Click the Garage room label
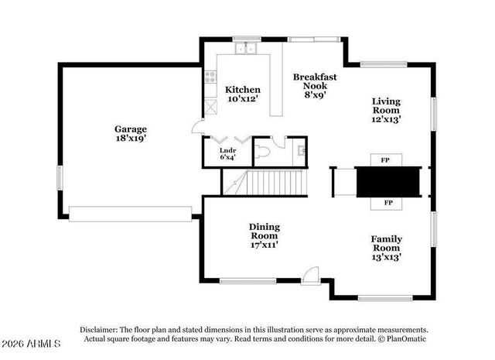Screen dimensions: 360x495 tap(130, 133)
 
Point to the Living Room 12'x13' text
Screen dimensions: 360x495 tap(386, 110)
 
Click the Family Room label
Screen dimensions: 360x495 tap(386, 248)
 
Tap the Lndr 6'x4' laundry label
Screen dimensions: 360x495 tap(227, 153)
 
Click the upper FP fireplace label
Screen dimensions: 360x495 tap(385, 160)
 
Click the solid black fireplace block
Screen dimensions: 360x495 tap(386, 182)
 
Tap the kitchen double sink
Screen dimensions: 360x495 tap(246, 49)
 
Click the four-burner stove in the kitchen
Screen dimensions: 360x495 tap(209, 77)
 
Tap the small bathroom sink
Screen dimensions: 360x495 tap(302, 151)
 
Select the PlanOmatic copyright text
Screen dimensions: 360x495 tap(401, 338)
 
